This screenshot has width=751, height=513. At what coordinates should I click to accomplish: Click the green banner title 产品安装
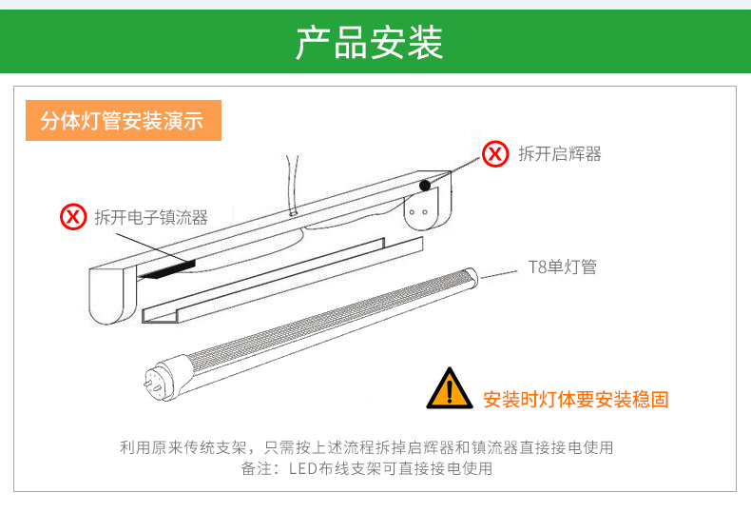(369, 43)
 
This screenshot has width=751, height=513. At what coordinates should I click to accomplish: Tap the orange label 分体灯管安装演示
(123, 120)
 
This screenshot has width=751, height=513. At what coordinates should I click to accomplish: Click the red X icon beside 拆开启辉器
(494, 154)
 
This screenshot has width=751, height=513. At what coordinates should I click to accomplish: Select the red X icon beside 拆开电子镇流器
(73, 217)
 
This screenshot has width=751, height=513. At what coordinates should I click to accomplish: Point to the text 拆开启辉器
(559, 154)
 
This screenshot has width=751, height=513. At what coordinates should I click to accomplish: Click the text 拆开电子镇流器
(151, 217)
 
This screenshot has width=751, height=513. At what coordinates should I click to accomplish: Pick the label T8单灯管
(562, 267)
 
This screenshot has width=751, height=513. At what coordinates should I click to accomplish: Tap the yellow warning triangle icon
(450, 389)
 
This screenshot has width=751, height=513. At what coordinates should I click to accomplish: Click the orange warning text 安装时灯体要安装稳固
(576, 400)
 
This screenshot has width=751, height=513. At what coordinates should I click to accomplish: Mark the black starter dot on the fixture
(425, 185)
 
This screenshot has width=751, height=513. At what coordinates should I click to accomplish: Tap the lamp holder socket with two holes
(419, 211)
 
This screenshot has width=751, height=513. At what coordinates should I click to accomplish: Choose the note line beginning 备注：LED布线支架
(366, 468)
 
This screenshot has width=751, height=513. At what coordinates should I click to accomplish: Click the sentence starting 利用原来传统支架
(366, 447)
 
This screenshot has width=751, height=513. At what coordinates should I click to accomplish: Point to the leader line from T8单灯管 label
(498, 274)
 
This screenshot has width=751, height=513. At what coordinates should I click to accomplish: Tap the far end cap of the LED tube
(471, 277)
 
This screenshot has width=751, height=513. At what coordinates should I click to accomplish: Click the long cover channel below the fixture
(282, 281)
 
